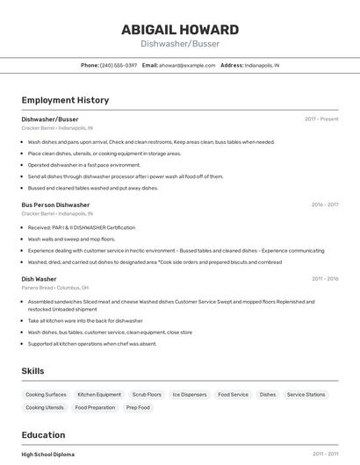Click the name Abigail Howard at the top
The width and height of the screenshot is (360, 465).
click(x=179, y=29)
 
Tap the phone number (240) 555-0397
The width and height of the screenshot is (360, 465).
click(x=119, y=65)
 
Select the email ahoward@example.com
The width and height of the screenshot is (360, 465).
click(x=186, y=65)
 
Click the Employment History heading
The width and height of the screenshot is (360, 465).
click(x=65, y=100)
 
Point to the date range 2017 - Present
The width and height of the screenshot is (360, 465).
click(x=321, y=118)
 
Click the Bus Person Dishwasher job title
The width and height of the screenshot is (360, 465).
click(x=55, y=204)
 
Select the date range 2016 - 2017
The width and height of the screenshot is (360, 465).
click(x=325, y=204)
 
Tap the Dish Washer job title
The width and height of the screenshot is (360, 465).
click(x=39, y=279)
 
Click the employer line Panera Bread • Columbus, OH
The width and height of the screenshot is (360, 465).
click(x=54, y=288)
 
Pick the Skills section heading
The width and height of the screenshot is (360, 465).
click(x=32, y=371)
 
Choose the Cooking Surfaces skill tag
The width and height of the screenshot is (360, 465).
click(x=46, y=395)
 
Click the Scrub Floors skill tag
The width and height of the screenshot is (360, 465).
click(x=147, y=395)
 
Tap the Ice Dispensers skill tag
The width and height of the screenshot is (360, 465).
click(x=189, y=395)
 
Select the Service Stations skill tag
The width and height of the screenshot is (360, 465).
click(x=306, y=395)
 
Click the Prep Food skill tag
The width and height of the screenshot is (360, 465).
click(x=138, y=407)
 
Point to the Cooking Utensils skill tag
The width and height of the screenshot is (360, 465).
click(x=45, y=407)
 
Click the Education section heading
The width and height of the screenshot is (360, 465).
click(x=43, y=435)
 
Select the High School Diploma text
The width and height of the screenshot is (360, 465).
click(x=48, y=454)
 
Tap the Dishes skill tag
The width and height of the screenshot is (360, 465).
click(x=268, y=395)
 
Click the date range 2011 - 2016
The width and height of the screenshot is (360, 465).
click(x=325, y=279)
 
